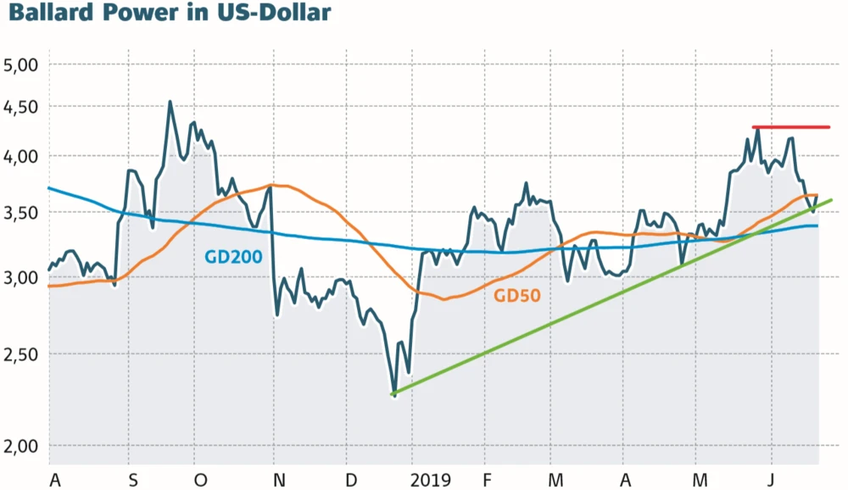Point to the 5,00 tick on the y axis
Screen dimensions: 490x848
(23, 64)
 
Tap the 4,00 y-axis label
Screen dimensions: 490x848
(23, 157)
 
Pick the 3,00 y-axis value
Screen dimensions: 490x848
(23, 277)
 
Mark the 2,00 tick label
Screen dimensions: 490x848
(23, 446)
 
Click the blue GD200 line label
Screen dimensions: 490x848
(233, 257)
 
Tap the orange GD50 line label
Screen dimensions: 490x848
(517, 296)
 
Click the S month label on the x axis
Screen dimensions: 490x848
(132, 479)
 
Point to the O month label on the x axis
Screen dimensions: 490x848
(200, 479)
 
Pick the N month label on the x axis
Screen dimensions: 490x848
(279, 479)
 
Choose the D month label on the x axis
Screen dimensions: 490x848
(351, 479)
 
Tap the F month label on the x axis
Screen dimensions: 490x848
(486, 479)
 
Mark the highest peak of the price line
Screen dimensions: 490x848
(170, 103)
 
